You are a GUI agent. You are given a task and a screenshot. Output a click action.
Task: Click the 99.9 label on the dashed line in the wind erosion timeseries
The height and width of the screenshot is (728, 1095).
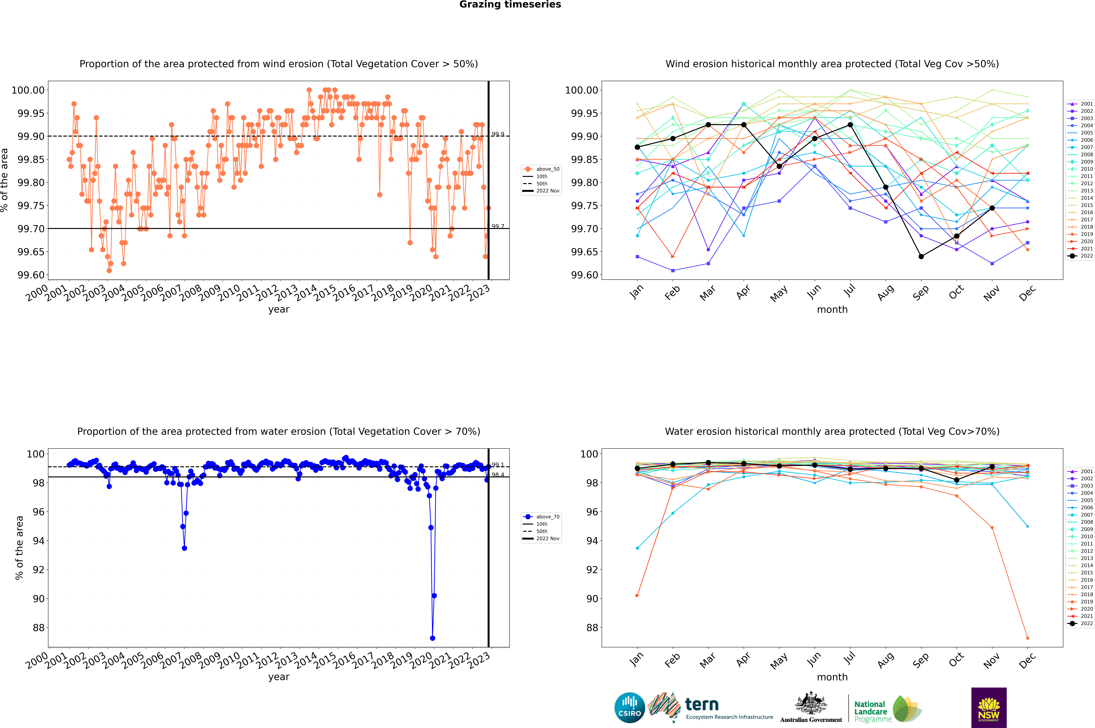pyautogui.click(x=498, y=134)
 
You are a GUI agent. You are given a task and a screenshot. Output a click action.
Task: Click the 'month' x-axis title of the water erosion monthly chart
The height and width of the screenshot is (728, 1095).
pyautogui.click(x=832, y=677)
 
